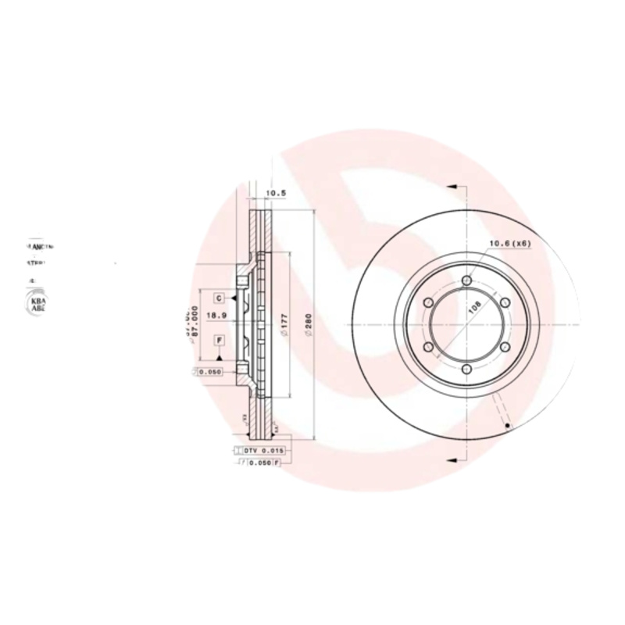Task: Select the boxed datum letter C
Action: click(220, 298)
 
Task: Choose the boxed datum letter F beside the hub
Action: click(220, 340)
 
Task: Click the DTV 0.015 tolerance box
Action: click(259, 452)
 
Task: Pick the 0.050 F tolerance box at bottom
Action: click(260, 463)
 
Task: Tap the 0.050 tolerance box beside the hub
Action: click(209, 372)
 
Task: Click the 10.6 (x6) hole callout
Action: click(509, 244)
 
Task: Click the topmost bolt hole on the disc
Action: click(466, 280)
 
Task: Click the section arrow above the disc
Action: click(451, 187)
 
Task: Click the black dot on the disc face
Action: click(507, 426)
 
